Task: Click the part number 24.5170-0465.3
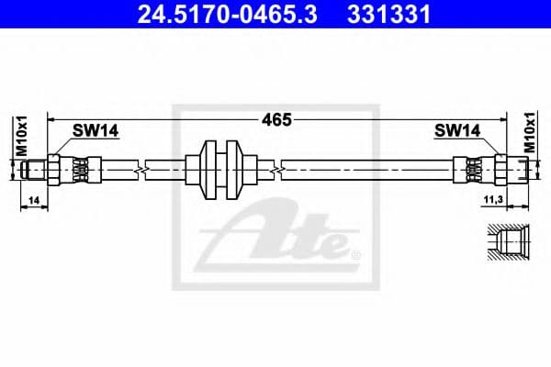coord(218,15)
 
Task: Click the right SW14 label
coord(456,131)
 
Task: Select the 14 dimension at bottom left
coord(33,199)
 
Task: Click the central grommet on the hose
coord(219,170)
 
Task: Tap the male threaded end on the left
coord(35,170)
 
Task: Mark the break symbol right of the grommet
coord(276,170)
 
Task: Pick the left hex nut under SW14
coord(54,170)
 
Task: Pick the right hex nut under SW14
coord(500,170)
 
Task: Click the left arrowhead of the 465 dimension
coord(52,119)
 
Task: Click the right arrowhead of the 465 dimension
coord(502,119)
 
